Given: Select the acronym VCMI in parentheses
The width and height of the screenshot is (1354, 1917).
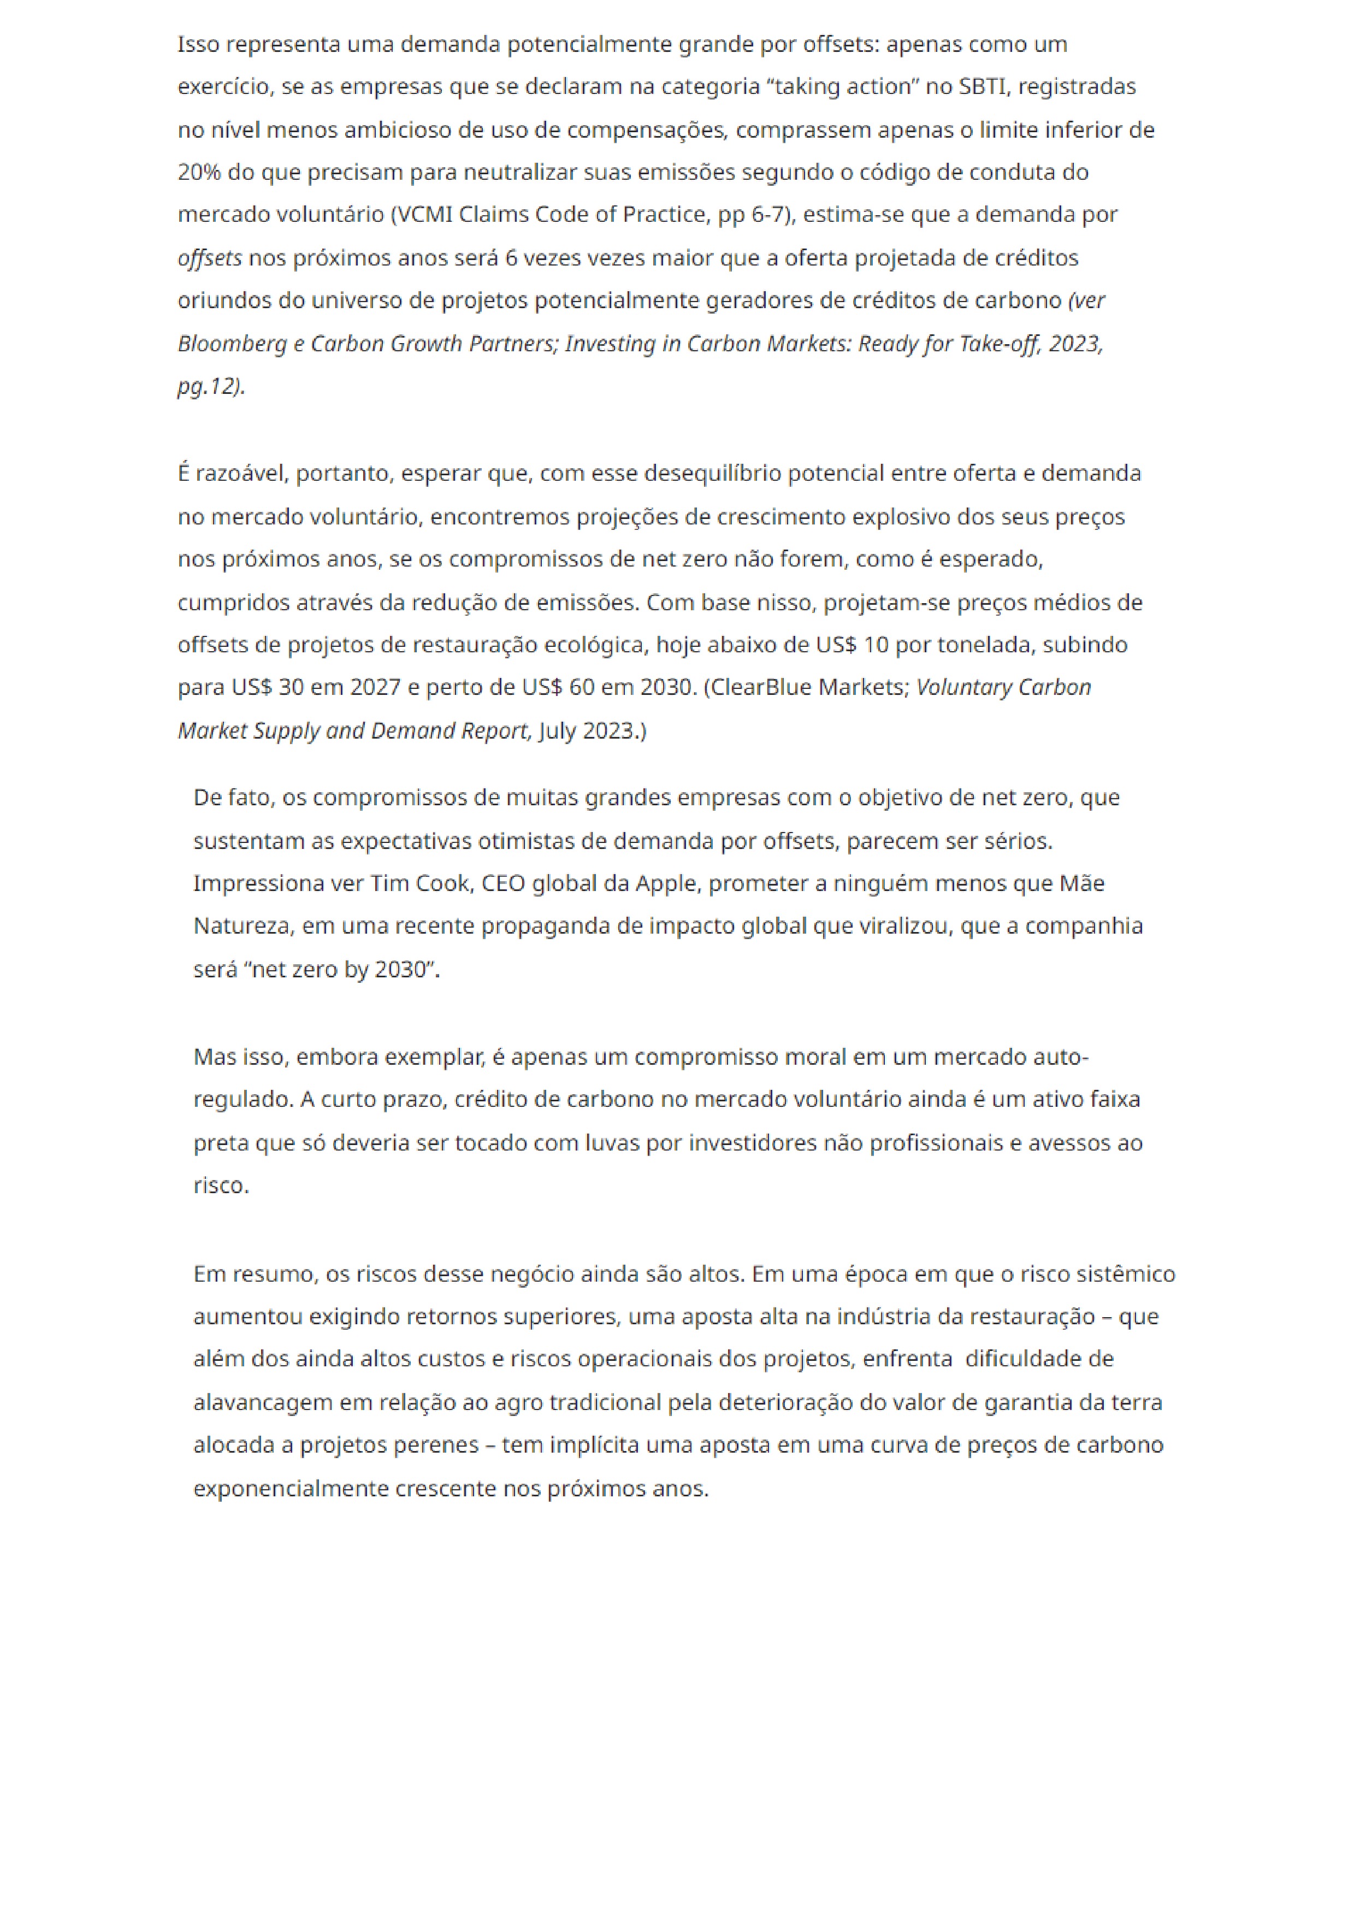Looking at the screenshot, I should click(422, 215).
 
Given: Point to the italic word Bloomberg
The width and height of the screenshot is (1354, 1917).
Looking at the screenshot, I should click(231, 344).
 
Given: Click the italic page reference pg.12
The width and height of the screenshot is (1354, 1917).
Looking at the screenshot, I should click(209, 387).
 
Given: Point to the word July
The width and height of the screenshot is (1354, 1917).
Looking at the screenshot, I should click(558, 732).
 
